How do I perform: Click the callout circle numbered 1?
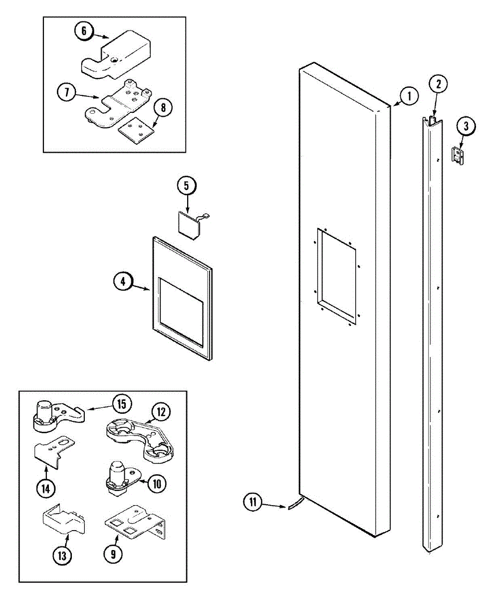coord(409,96)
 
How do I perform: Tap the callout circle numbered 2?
coord(439,83)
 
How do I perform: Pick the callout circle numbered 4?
coord(123,281)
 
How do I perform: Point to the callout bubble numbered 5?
coord(187,186)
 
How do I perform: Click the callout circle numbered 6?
coord(84,30)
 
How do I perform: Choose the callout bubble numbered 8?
coord(163,107)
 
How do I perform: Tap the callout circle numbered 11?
coord(253,502)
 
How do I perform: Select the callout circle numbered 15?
coord(122,404)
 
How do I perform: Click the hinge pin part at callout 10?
coord(122,480)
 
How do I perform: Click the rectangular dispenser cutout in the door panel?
coord(336,277)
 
